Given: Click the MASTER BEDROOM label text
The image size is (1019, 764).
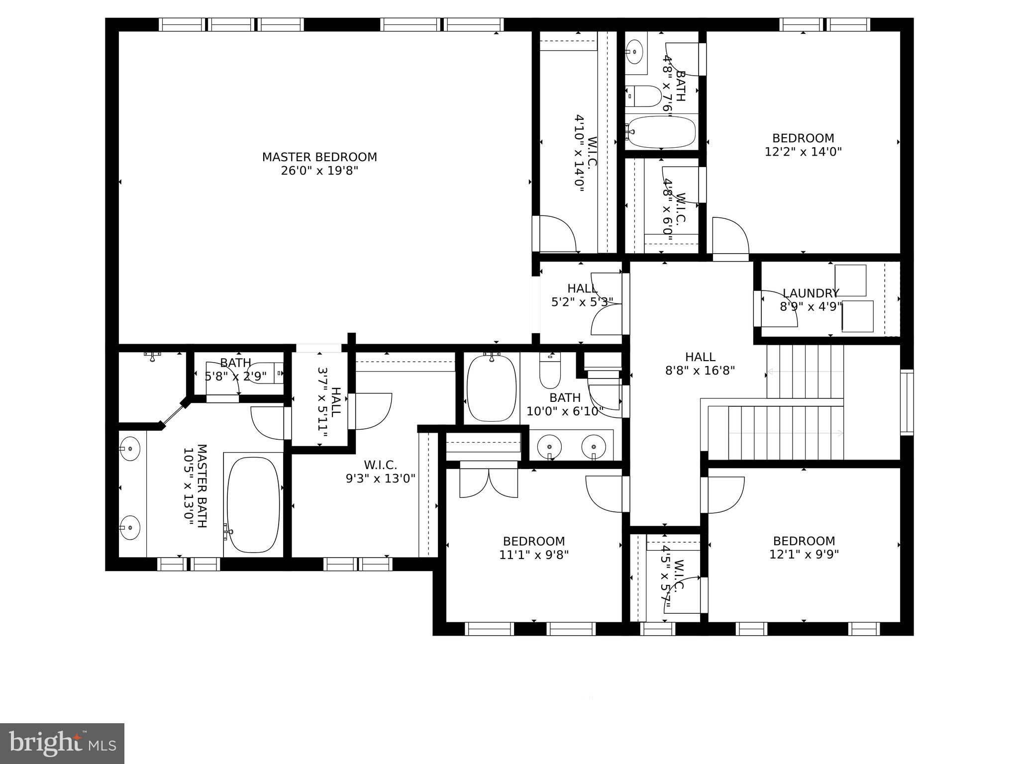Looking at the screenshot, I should (x=319, y=157).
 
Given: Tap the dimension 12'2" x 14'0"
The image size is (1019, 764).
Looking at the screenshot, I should (x=803, y=152).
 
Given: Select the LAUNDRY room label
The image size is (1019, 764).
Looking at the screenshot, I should (x=811, y=293).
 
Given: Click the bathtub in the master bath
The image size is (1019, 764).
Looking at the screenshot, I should (x=253, y=504).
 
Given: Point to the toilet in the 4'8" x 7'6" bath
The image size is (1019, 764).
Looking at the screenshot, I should (x=644, y=96).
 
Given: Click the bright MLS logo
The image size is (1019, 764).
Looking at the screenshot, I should (x=62, y=743).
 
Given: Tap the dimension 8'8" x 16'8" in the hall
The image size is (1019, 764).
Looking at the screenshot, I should (x=700, y=371).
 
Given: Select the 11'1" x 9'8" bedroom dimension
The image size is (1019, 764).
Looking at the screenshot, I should (x=534, y=555).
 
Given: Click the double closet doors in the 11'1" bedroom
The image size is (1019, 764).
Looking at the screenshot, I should (x=489, y=482).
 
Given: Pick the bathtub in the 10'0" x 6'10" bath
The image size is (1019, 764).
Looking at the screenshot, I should (x=492, y=387).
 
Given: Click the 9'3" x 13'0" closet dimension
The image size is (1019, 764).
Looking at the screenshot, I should (x=381, y=478).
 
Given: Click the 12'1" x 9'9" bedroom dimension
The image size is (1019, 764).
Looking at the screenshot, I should (x=804, y=554).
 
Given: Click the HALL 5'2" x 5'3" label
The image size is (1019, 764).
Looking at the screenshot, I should (x=582, y=295).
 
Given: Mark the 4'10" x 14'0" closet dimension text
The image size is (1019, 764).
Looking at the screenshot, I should (x=579, y=154).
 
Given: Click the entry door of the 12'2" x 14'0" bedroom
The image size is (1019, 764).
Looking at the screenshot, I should (x=730, y=238).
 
